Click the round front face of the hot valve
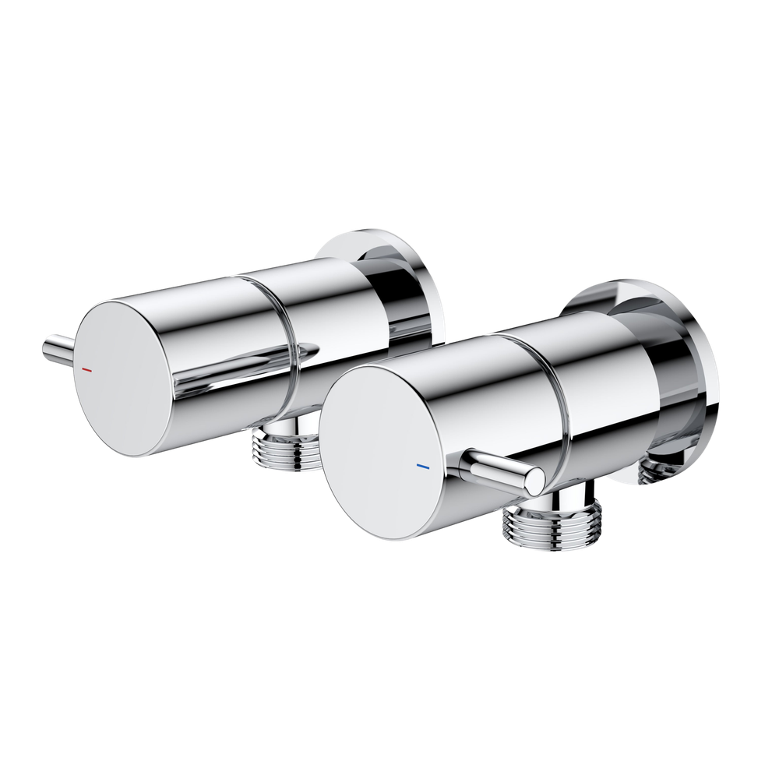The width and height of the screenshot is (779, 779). click(x=128, y=382)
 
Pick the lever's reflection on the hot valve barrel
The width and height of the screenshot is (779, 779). click(x=257, y=366)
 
